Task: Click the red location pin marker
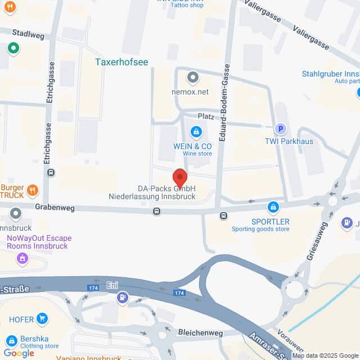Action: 180,178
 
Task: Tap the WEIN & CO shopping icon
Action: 196,133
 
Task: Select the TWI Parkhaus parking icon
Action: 278,129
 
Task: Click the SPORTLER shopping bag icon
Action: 273,208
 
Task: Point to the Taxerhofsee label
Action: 121,62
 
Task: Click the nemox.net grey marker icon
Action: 193,77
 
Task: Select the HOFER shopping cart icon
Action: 42,319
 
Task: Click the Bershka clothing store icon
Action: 11,340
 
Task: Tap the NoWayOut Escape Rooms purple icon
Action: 22,258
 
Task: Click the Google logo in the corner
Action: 19,353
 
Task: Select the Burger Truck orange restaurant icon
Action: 32,190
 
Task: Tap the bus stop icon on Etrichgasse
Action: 51,173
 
